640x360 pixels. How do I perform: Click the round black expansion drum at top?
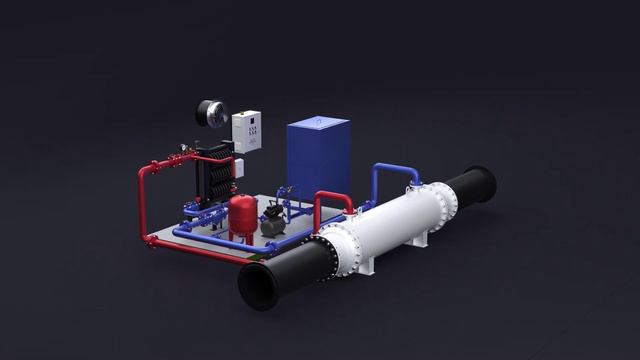(x=212, y=112)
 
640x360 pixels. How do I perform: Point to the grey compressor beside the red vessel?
(x=272, y=224)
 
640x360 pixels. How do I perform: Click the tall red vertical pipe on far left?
(x=142, y=200)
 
